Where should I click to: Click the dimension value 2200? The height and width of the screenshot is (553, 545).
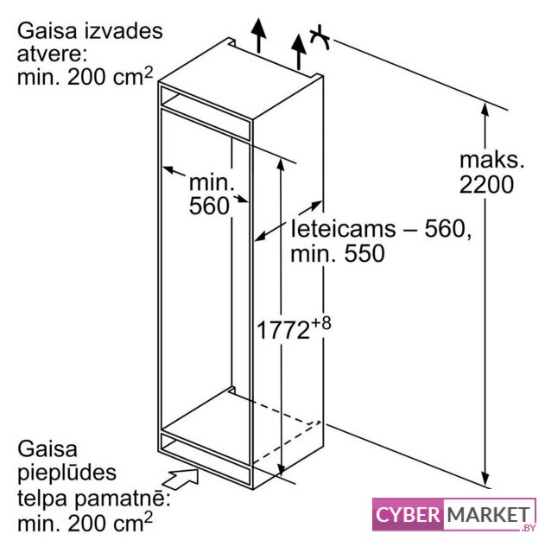[486, 184]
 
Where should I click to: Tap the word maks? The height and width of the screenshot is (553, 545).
[492, 160]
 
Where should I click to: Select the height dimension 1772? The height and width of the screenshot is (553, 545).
[283, 330]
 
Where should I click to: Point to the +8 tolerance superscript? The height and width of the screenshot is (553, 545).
[321, 323]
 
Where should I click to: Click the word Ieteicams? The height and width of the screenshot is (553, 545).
[343, 228]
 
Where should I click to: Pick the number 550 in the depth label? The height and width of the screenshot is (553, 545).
[364, 253]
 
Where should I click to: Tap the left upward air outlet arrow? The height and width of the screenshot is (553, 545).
[259, 35]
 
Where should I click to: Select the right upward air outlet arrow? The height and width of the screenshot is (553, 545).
[299, 52]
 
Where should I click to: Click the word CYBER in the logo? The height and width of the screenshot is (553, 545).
[408, 515]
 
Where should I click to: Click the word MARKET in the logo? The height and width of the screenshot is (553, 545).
[489, 515]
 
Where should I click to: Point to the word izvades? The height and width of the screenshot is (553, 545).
[123, 31]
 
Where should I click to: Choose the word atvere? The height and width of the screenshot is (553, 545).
[52, 54]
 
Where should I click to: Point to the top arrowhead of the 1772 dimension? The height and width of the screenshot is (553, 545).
[281, 164]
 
